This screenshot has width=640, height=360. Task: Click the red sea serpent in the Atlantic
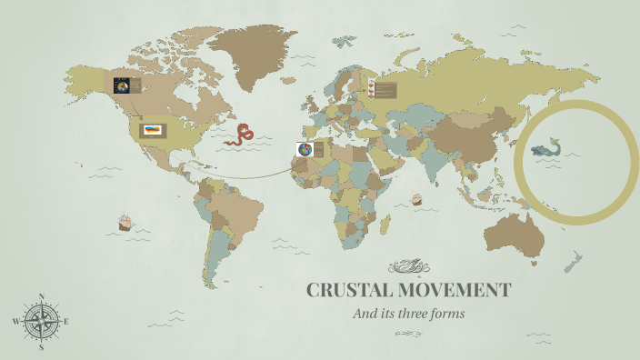pos(240,135)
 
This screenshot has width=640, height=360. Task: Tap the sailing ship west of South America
pos(125,222)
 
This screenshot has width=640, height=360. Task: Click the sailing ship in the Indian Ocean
pos(417,199)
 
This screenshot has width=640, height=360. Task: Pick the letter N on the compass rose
pos(42,296)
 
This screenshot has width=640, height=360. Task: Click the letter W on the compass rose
pos(16,322)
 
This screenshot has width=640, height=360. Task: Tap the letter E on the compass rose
pos(66,322)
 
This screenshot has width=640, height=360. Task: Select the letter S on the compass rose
pos(42,346)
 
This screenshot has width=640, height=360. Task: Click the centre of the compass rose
pos(42,321)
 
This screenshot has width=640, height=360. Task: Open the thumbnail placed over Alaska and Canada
pos(122,86)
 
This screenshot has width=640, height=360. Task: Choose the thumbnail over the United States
pos(152,130)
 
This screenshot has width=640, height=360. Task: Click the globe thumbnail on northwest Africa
pos(304,150)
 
